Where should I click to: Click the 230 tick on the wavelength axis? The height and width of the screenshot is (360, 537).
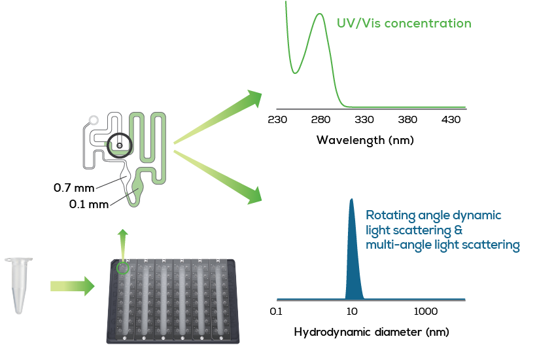tap(277, 120)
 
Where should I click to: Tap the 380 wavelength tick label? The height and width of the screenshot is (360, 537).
tap(407, 120)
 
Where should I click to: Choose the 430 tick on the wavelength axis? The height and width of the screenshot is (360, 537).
tap(451, 120)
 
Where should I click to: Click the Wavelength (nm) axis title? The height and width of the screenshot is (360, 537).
tap(365, 140)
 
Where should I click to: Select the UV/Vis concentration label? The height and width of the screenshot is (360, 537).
tap(404, 24)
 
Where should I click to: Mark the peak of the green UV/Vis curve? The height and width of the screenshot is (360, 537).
tap(320, 14)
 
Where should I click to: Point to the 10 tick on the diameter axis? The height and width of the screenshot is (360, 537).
tap(352, 311)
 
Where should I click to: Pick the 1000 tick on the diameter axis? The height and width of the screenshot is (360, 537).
tap(426, 311)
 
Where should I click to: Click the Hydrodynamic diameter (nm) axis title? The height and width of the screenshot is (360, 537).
tap(371, 332)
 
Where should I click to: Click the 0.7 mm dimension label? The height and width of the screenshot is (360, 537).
tap(73, 188)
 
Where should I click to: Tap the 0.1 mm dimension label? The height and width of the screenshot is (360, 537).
tap(89, 204)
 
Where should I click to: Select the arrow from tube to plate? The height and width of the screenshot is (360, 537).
tap(72, 286)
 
